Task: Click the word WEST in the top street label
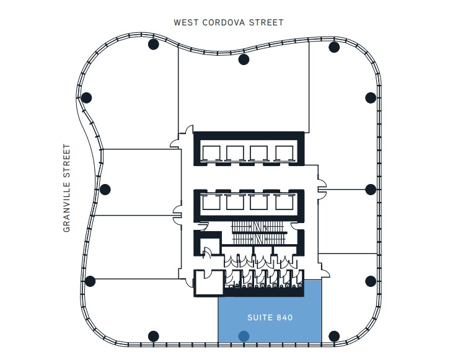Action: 187,23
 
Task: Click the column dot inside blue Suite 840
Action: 244,336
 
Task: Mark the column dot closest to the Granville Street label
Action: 105,190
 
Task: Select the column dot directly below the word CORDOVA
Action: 244,59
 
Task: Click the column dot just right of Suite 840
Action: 334,336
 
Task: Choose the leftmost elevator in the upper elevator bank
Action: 210,154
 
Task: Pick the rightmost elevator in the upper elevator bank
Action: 284,154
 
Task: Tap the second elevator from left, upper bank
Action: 235,154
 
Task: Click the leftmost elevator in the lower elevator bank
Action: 210,201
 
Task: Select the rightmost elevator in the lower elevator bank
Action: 284,201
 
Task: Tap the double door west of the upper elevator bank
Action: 177,142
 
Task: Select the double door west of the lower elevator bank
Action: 177,214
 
